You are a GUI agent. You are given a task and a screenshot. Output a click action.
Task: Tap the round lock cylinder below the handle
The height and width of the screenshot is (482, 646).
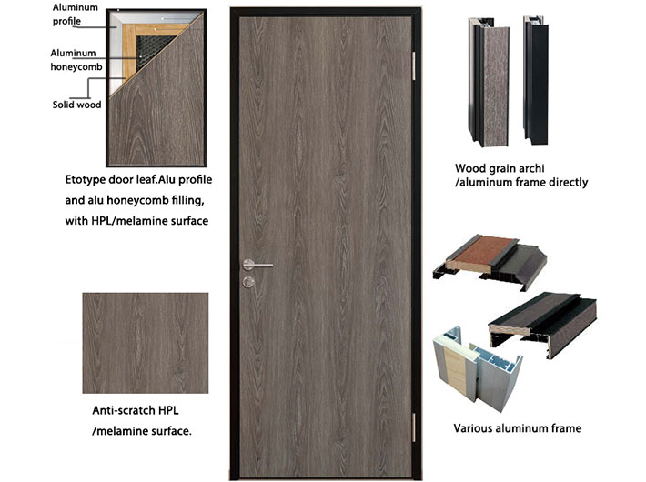tap(248, 283)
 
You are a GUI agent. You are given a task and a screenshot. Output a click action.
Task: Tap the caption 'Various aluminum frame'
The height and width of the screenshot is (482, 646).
tap(517, 428)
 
